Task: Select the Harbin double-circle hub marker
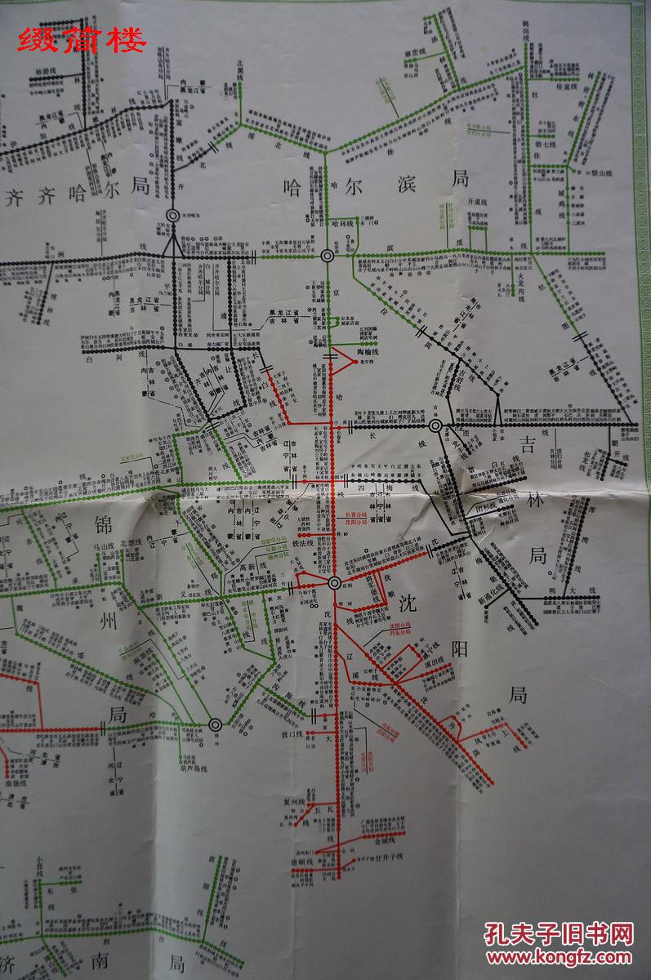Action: click(328, 256)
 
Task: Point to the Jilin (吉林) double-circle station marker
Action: click(436, 426)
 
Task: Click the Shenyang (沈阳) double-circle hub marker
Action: click(334, 583)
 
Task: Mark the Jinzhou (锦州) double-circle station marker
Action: click(215, 724)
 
